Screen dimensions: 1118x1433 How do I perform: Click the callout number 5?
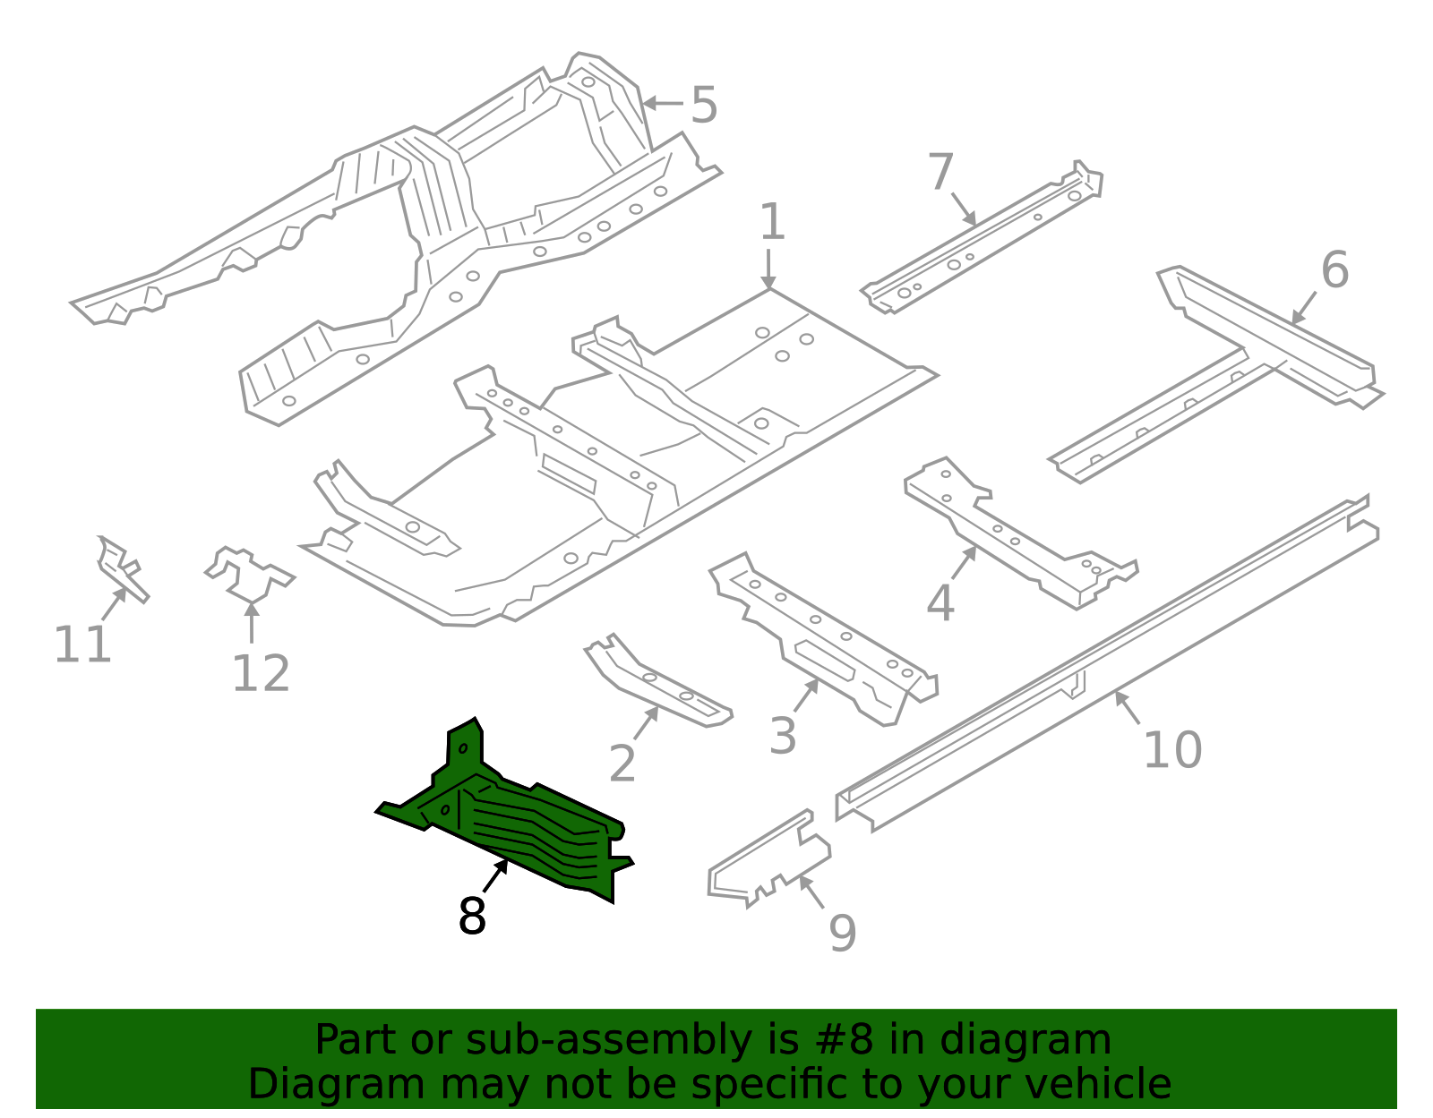(x=704, y=106)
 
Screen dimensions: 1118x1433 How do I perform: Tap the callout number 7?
(x=940, y=172)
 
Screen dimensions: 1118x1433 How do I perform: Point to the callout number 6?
(x=1334, y=269)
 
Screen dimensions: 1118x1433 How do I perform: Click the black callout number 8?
(x=472, y=917)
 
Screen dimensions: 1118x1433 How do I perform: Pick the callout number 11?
(x=82, y=644)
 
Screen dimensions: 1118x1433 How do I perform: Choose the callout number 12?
(x=261, y=674)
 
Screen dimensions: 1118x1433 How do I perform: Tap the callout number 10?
(x=1172, y=750)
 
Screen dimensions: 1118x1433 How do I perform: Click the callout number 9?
(x=842, y=934)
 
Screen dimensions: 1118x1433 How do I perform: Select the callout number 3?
(x=783, y=737)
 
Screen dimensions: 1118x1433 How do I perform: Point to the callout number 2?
(x=622, y=764)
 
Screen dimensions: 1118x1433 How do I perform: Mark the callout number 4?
(x=940, y=603)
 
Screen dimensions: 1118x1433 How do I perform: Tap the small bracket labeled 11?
(x=121, y=568)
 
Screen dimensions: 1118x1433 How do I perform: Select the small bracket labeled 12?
(x=248, y=574)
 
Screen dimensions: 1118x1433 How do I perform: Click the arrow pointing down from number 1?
(x=768, y=269)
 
